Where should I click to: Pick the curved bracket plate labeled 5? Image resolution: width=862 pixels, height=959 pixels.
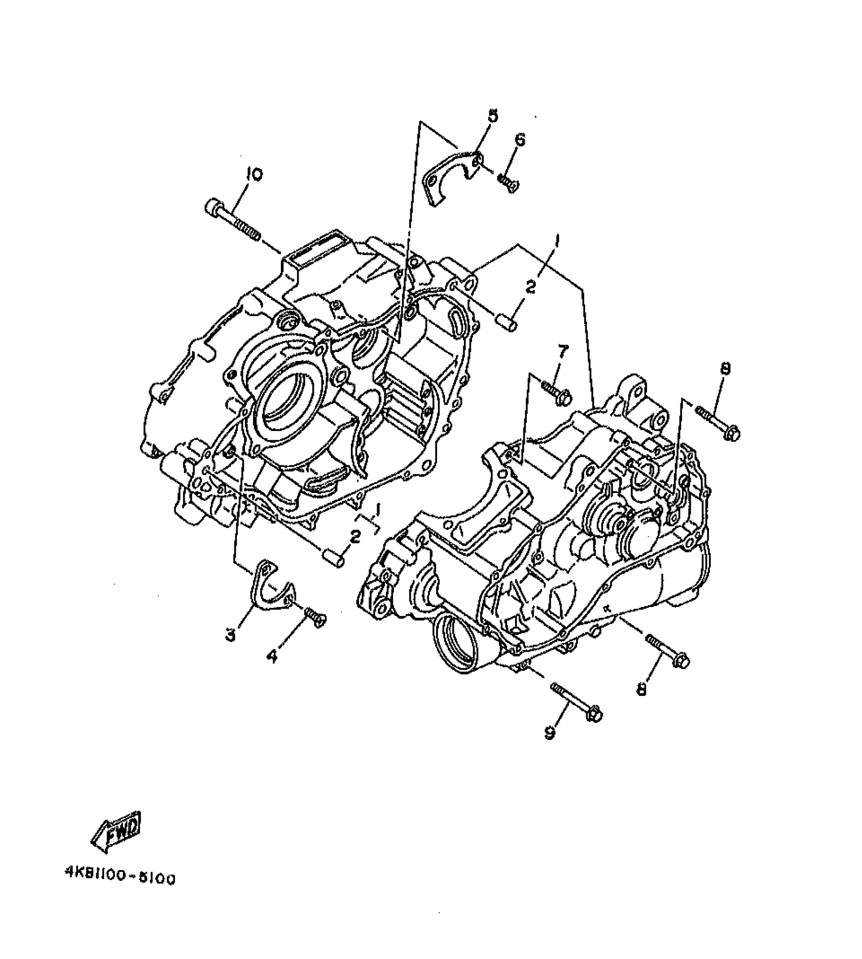pyautogui.click(x=448, y=175)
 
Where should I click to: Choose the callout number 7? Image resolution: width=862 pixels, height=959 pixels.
pyautogui.click(x=563, y=351)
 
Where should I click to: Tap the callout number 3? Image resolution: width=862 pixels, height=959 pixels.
pyautogui.click(x=231, y=633)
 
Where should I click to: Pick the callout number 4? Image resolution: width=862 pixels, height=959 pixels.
pyautogui.click(x=272, y=657)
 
